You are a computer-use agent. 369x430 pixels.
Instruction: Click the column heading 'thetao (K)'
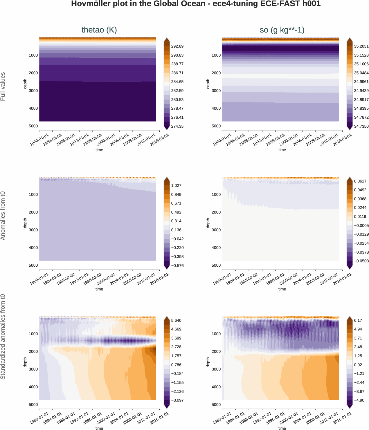point(99,30)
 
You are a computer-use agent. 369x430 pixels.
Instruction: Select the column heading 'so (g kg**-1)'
point(282,30)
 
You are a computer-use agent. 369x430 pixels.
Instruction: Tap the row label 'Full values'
point(3,86)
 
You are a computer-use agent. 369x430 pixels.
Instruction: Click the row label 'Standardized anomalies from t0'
point(3,337)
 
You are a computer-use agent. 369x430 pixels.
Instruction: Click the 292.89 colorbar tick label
point(177,46)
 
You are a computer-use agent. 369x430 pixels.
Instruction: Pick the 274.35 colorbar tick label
point(177,126)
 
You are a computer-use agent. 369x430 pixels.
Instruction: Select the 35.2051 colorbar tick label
point(361,46)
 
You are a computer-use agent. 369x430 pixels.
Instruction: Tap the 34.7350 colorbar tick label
point(361,126)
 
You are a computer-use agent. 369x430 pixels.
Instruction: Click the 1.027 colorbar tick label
point(176,186)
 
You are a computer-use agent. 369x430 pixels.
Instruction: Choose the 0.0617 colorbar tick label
point(360,181)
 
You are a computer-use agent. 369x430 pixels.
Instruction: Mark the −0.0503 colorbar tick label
point(361,261)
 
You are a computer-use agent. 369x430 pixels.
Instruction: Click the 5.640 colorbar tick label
point(176,321)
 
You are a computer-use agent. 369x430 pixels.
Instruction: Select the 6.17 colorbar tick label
point(358,321)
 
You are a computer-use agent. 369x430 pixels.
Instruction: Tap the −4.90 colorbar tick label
point(359,400)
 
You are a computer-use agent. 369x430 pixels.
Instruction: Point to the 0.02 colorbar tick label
point(358,365)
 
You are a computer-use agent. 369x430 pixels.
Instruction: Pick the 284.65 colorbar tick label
point(177,82)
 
